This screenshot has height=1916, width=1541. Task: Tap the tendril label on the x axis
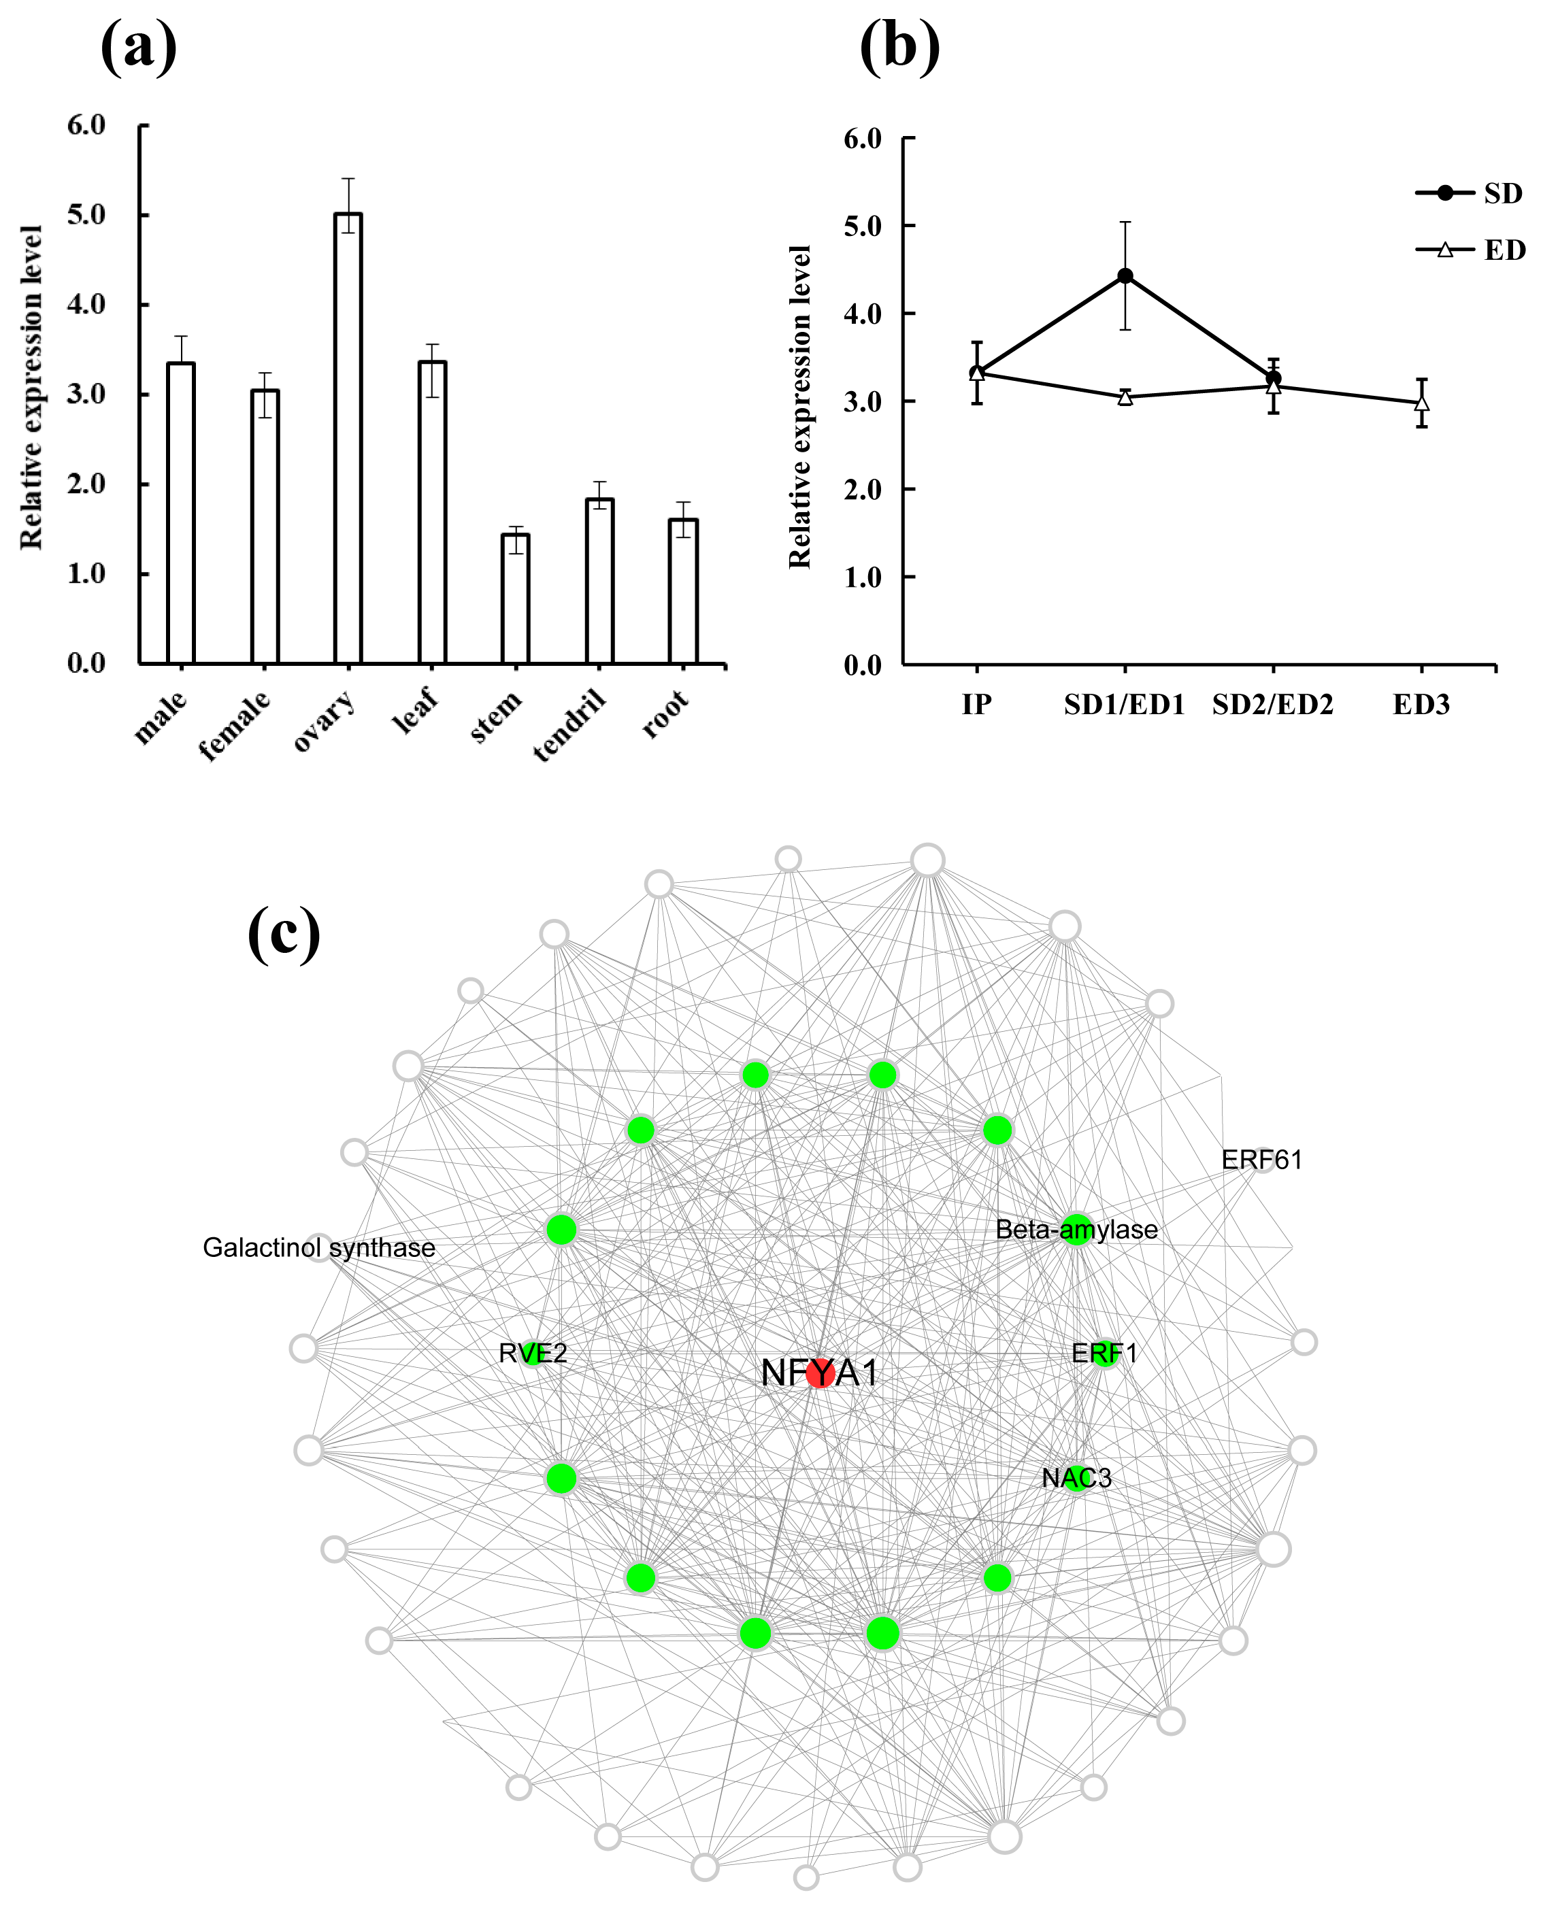coord(569,724)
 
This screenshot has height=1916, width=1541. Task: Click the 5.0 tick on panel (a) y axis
coord(86,215)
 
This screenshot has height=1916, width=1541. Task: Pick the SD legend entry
coord(1469,193)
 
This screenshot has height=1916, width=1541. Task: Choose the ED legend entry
coord(1469,250)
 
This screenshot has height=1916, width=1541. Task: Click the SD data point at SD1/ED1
coord(1125,276)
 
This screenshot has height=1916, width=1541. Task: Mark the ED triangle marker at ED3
coord(1422,403)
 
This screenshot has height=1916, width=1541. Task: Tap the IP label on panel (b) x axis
coord(977,705)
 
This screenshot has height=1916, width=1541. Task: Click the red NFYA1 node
coord(819,1373)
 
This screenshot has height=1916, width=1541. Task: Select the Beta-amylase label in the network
coord(1076,1230)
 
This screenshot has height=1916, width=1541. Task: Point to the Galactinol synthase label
coord(319,1247)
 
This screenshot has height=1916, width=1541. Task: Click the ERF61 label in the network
coord(1261,1160)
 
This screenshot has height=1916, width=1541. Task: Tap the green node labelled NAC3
coord(1076,1478)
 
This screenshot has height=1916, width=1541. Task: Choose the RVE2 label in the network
coord(532,1354)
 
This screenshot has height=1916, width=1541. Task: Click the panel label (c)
coord(284,932)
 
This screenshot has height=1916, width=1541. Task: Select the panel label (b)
coord(899,46)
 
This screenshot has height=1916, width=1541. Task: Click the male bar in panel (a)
coord(180,513)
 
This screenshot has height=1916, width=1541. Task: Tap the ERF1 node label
coord(1104,1354)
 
